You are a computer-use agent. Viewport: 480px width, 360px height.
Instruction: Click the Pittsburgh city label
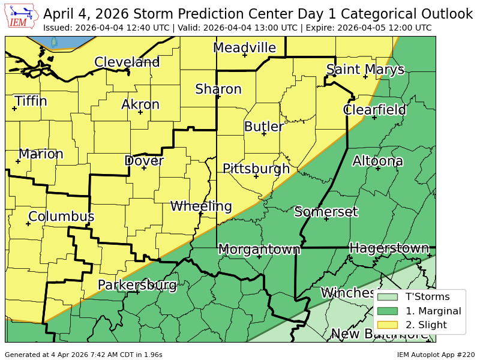click(x=256, y=169)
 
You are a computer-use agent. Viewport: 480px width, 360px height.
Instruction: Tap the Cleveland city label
click(x=127, y=62)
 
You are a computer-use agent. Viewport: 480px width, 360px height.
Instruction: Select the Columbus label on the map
click(x=61, y=217)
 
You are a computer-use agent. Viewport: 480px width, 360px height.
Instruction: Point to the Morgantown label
click(x=259, y=249)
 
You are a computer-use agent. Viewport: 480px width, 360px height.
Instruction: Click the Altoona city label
click(x=377, y=161)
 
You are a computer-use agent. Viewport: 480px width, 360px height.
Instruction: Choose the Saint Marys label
click(x=365, y=70)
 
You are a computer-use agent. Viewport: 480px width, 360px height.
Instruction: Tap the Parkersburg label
click(x=137, y=284)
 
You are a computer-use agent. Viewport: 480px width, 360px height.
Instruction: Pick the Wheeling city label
click(x=201, y=206)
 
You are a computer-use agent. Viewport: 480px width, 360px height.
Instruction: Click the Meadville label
click(x=244, y=48)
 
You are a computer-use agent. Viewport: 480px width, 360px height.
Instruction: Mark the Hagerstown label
click(x=389, y=248)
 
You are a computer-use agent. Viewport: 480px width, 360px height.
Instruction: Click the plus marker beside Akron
click(x=140, y=112)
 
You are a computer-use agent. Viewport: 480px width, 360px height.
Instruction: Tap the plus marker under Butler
click(x=264, y=134)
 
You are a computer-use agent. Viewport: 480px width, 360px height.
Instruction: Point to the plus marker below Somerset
click(x=326, y=219)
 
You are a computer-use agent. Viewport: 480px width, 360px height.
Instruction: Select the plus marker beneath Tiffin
click(x=14, y=109)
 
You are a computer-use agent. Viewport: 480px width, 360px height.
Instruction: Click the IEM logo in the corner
click(x=22, y=17)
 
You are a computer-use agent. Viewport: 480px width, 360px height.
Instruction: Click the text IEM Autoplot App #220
click(x=435, y=355)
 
